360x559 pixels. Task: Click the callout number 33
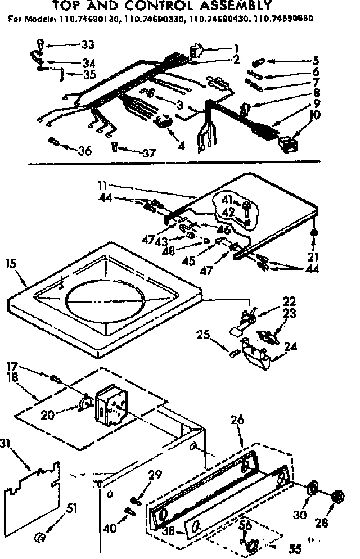coord(88,45)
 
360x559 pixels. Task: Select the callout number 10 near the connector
coord(315,115)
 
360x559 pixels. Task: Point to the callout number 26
coord(236,418)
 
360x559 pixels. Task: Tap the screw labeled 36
coord(52,140)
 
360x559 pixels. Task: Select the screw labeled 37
coord(115,147)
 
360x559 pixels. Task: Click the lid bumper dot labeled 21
coord(313,232)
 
